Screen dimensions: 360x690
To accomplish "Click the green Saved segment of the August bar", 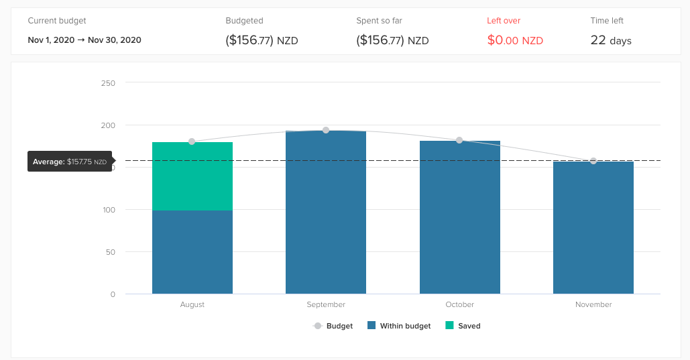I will pos(192,176).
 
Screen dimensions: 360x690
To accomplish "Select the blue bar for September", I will pos(326,213).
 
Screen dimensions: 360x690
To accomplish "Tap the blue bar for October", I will pos(459,217).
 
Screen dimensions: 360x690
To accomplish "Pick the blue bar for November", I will pos(593,227).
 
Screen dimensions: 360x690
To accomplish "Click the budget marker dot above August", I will pos(192,141).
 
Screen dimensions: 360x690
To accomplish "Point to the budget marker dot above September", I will pos(326,130).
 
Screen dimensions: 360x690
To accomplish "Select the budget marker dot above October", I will pos(459,140).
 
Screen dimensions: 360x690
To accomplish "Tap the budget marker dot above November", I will pos(593,161).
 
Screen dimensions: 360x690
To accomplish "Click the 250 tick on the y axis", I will pos(108,83).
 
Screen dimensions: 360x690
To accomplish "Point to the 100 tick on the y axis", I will pos(108,210).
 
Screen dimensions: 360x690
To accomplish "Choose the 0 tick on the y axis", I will pos(113,294).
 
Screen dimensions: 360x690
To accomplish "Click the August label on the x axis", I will pos(192,304).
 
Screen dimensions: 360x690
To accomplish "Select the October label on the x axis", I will pos(459,304).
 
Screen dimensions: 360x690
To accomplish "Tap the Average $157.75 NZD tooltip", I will pos(70,162).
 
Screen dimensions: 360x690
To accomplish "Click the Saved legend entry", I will pos(463,326).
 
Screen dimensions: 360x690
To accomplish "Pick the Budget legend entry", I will pos(333,326).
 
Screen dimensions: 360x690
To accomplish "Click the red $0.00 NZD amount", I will pos(515,40).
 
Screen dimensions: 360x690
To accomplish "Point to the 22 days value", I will pos(611,40).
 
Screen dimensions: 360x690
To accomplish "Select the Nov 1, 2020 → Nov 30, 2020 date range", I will pos(84,40).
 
